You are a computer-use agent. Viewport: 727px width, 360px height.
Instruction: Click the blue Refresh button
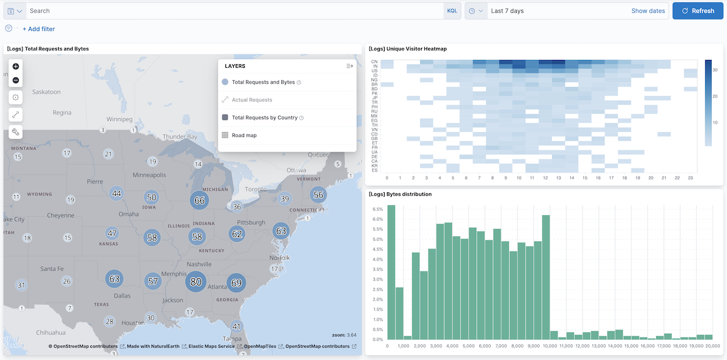(697, 11)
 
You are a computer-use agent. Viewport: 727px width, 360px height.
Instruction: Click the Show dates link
(648, 11)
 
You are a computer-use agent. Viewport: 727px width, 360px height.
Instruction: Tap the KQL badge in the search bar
(452, 11)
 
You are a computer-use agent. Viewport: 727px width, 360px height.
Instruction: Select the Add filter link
(39, 29)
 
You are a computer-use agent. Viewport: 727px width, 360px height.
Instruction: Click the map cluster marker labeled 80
(196, 282)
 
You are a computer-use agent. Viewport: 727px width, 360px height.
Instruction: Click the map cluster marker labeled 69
(236, 283)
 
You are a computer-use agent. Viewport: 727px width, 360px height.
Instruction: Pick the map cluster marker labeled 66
(199, 200)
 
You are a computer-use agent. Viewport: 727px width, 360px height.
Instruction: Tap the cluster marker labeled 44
(117, 194)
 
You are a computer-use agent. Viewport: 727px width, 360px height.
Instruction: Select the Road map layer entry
(244, 135)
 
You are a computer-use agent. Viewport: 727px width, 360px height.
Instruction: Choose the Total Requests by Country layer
(264, 118)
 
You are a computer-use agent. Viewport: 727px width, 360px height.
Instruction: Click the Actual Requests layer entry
(252, 100)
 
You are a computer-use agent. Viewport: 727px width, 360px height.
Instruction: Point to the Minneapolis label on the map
(149, 175)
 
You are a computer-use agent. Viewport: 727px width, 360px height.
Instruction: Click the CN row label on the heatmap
(374, 62)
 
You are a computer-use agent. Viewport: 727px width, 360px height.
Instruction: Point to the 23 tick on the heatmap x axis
(690, 178)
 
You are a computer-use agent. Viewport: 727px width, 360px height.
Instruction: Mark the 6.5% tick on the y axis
(376, 210)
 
